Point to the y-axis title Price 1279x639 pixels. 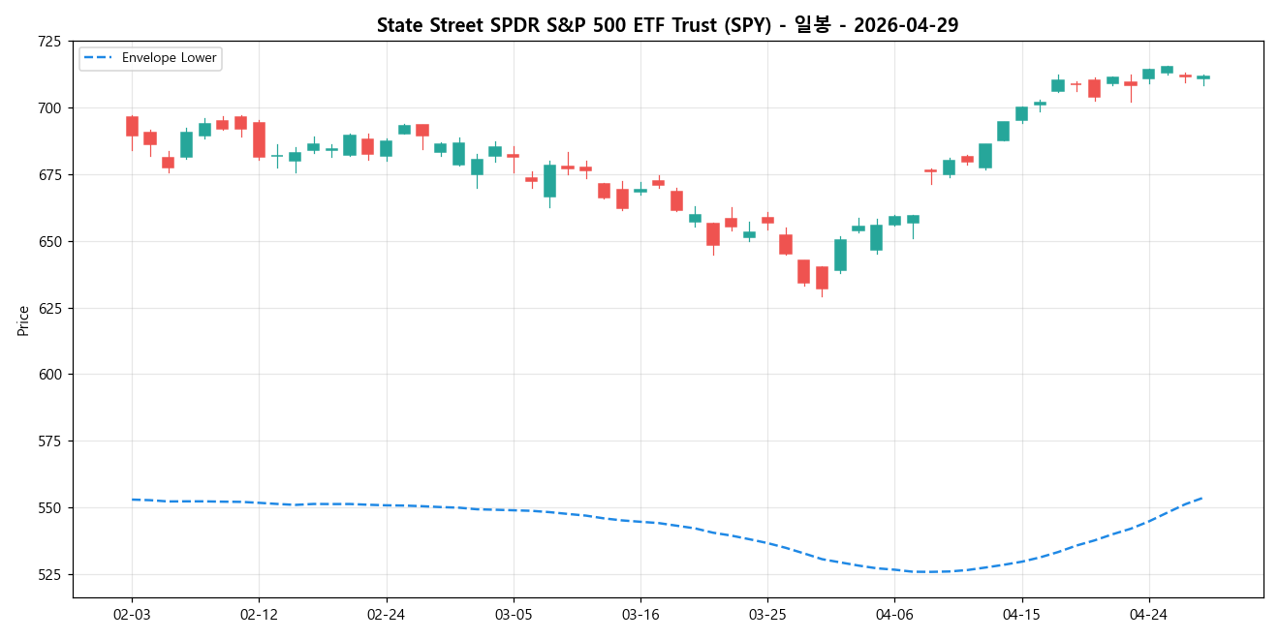(23, 319)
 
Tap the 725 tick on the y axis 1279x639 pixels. (48, 42)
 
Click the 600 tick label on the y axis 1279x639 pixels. (48, 375)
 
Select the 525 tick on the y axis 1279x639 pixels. (48, 575)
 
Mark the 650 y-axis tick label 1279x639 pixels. (48, 241)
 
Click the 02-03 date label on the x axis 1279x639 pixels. (132, 614)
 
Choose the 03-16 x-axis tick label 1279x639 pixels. (640, 614)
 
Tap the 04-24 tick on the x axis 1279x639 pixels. (1148, 614)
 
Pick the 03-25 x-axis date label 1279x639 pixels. (767, 614)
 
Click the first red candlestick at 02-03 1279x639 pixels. (132, 126)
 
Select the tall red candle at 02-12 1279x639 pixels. (259, 139)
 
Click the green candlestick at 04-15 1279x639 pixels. (1021, 113)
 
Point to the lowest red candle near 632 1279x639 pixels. (822, 278)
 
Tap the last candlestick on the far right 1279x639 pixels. (1202, 77)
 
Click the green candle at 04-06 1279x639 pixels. (894, 221)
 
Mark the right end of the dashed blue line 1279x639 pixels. (1202, 498)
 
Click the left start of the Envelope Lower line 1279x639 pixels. (132, 500)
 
